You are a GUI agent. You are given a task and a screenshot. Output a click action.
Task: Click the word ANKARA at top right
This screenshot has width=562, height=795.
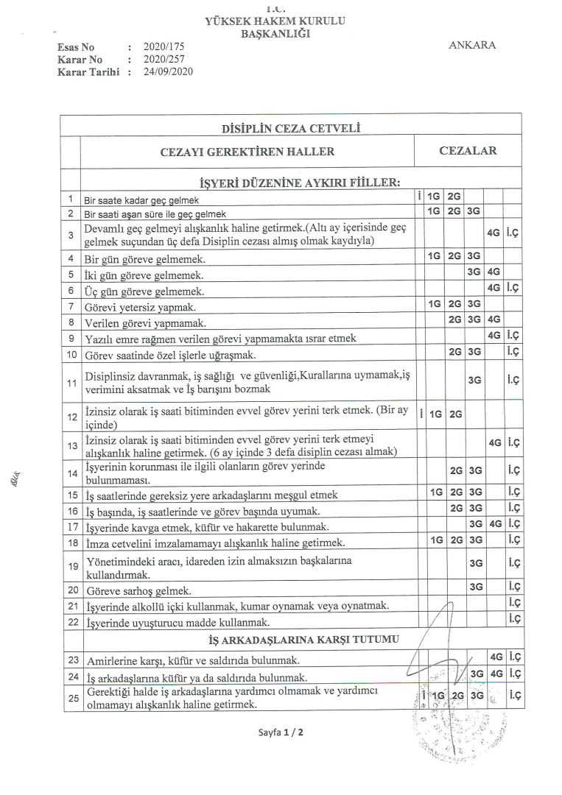point(471,45)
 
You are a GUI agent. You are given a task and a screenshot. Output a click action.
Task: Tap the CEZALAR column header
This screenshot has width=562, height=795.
point(468,151)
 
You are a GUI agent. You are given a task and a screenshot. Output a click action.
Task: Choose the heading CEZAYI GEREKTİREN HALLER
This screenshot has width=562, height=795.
point(247,152)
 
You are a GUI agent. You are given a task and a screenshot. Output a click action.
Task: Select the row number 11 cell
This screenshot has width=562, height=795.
point(71,384)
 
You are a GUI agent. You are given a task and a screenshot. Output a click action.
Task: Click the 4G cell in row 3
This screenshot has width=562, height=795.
point(493,233)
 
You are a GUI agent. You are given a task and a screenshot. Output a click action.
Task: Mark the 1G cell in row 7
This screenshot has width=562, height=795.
point(435,304)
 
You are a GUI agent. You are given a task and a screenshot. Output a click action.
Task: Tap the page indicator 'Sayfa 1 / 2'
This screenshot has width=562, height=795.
point(281,733)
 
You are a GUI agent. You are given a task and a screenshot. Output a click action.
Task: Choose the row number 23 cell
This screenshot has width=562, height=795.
point(71,659)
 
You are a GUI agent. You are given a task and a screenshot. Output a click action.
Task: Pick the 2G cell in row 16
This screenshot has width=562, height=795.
point(455,509)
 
